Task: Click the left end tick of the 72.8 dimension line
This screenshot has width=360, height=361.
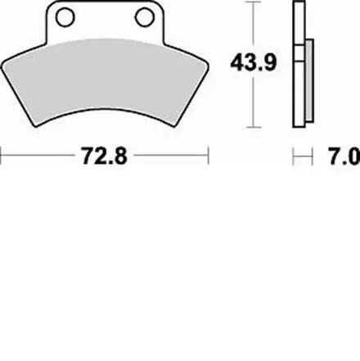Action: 2,154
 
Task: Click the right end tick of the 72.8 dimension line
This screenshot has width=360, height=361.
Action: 211,154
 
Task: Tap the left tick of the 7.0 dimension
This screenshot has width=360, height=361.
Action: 294,154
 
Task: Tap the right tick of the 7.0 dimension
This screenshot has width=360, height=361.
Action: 315,154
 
